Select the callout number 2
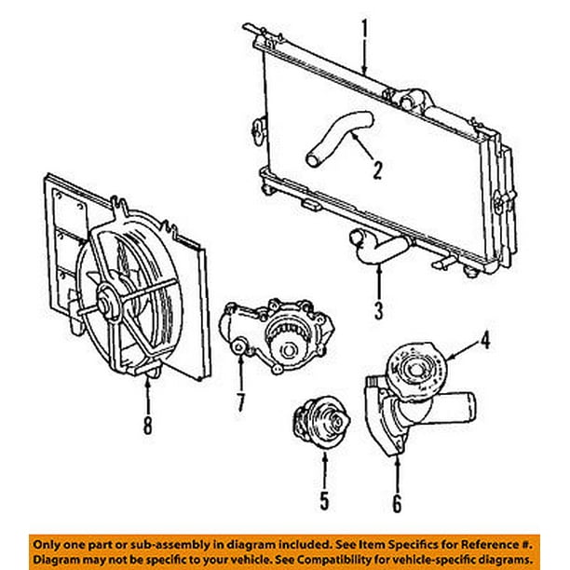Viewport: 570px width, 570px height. click(x=377, y=170)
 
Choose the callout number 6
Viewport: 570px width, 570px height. click(x=398, y=505)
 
